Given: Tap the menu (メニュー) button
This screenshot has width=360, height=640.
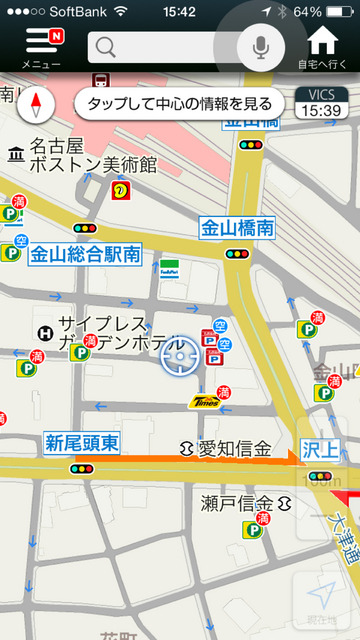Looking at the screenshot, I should [41, 46].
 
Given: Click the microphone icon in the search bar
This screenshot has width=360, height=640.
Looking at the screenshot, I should [261, 46].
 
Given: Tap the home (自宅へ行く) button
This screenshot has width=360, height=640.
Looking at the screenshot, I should [322, 46].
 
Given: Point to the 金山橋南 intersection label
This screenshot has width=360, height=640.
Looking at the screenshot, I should [237, 227].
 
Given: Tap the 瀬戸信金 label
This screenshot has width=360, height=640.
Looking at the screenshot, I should [236, 501].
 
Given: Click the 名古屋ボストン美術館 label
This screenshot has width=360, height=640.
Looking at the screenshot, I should [92, 154].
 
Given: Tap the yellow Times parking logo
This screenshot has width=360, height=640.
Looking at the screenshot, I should [207, 401].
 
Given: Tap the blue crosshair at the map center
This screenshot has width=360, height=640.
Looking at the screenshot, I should [180, 356].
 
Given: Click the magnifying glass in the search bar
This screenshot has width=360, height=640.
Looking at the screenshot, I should [107, 47].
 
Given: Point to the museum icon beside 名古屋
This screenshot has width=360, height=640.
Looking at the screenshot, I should [15, 154].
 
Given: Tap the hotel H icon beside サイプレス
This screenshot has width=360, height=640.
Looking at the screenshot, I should [44, 333].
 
